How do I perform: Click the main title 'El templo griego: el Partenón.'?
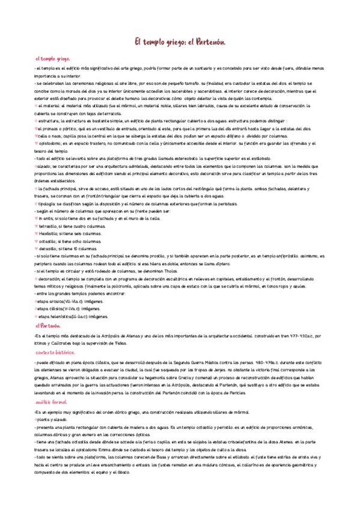179,41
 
